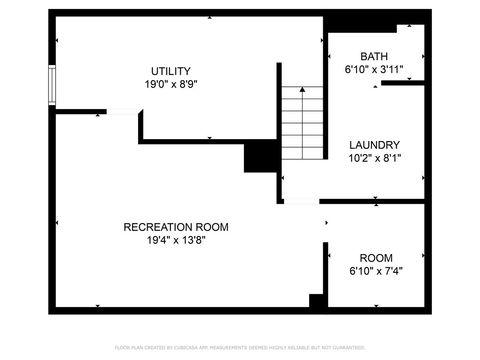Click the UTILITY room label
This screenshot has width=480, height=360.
171,71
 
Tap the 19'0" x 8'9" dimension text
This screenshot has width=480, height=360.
171,85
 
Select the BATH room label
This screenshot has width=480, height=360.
375,57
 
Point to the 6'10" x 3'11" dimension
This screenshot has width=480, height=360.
375,71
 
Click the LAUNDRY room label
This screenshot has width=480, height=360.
375,144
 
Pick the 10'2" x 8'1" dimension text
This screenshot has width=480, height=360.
375,158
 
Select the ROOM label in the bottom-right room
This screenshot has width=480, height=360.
376,256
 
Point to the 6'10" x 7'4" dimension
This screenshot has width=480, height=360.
376,270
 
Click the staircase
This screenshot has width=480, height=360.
302,122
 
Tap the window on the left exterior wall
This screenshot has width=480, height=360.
50,83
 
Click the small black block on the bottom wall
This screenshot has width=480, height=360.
317,301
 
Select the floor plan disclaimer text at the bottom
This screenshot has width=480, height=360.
240,347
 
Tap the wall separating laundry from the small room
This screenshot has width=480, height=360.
376,202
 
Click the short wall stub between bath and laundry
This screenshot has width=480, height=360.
404,84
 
